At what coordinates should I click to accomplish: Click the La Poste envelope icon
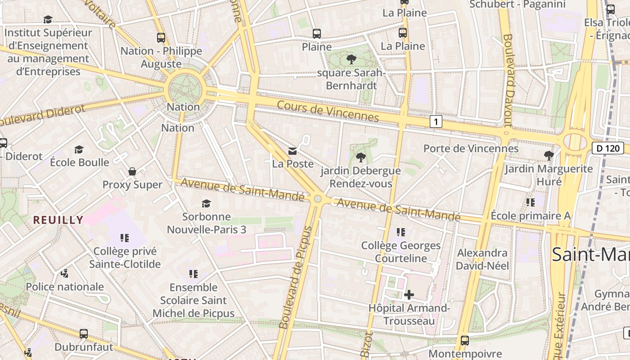coord(292,151)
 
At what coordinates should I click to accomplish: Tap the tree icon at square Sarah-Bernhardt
coord(351,59)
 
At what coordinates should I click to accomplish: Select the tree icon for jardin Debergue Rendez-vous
coord(360,157)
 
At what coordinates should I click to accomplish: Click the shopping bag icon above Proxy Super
coord(132,171)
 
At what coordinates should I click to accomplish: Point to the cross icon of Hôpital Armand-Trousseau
coord(409,295)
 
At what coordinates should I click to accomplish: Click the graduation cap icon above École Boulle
coord(79,149)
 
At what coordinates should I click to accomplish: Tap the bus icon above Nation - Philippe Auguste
coord(161,38)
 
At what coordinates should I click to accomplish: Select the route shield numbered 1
coord(436,121)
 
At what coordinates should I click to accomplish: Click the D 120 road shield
coord(607,148)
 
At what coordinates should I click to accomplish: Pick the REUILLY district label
coord(58,220)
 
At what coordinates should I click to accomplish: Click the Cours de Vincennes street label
coord(328,111)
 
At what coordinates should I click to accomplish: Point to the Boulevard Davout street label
coord(509,80)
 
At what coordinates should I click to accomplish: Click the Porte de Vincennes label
coord(471,148)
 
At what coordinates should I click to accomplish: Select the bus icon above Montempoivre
coord(465,341)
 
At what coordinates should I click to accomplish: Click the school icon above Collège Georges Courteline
coord(401,232)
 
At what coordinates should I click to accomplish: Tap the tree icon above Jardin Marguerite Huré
coord(549,156)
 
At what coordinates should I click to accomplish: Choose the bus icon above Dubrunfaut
coord(84,334)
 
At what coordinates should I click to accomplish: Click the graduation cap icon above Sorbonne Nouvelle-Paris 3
coord(206,203)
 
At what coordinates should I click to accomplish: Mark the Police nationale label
coord(65,287)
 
